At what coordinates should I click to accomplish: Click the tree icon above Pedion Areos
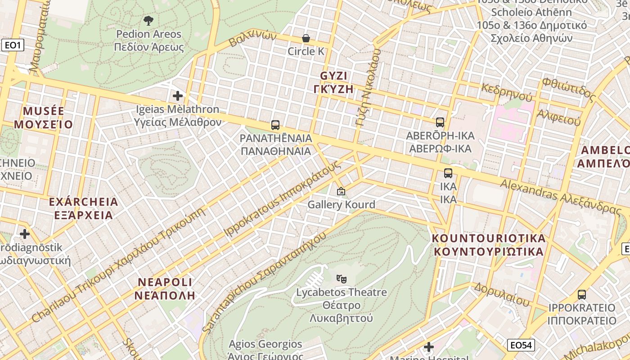click(148, 20)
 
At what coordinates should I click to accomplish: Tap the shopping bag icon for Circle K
click(306, 38)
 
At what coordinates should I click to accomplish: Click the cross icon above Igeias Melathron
click(178, 95)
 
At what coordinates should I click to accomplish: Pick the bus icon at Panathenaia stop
click(275, 125)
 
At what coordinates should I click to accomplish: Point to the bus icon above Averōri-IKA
click(440, 122)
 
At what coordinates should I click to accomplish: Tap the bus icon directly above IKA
click(448, 173)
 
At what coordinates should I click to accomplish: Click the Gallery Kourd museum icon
click(341, 191)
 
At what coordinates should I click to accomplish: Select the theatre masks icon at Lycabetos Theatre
click(342, 279)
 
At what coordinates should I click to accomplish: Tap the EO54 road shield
click(521, 345)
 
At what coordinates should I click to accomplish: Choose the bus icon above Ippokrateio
click(582, 295)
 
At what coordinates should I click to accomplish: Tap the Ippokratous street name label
click(282, 198)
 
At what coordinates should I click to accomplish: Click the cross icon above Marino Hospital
click(429, 347)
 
